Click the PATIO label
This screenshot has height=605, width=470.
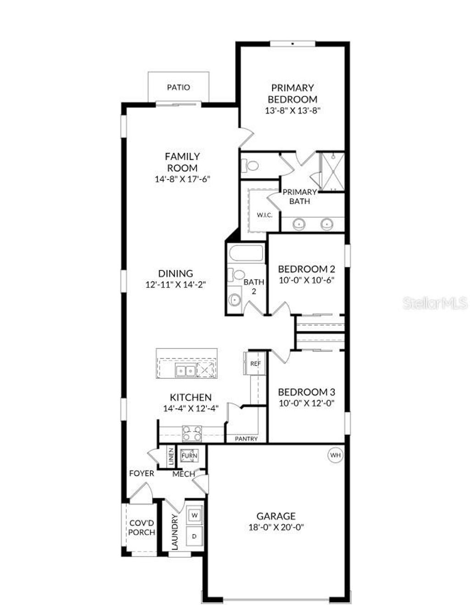(x=178, y=87)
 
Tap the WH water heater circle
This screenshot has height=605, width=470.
(x=335, y=455)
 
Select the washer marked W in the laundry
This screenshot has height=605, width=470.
(x=194, y=515)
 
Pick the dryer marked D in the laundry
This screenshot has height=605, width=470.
(x=194, y=536)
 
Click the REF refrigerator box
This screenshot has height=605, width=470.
(x=255, y=364)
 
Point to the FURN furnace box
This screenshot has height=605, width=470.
(x=189, y=456)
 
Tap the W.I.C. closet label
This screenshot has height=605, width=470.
(x=265, y=215)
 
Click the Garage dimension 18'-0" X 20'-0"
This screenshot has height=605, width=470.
(x=276, y=527)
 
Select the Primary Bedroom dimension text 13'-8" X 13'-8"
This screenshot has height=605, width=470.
(x=292, y=111)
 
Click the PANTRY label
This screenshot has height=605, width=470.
(x=246, y=439)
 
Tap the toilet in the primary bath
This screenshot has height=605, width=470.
(x=251, y=165)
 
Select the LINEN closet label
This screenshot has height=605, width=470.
(x=170, y=456)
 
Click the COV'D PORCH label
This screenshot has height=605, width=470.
(x=141, y=528)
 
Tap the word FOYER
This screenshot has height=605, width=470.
(x=141, y=473)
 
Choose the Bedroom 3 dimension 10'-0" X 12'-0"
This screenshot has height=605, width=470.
(x=306, y=403)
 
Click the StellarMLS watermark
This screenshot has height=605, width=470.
(x=435, y=303)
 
